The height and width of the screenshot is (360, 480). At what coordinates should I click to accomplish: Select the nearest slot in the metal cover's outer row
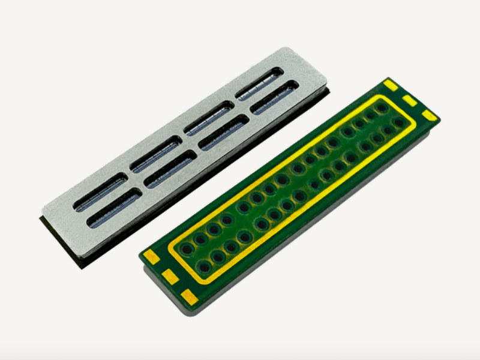[x=100, y=192]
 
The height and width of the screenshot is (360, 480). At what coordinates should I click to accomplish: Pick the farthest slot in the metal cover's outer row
[x=259, y=82]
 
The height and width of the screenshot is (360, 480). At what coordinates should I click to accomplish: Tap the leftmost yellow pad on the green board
[x=151, y=256]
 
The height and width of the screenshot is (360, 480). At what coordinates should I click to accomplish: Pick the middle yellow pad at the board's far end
[x=410, y=100]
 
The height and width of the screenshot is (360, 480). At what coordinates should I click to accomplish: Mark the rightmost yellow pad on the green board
[x=430, y=115]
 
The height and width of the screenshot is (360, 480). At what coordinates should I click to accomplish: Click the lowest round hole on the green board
[x=204, y=267]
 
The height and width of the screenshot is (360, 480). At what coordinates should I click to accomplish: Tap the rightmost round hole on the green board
[x=398, y=122]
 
